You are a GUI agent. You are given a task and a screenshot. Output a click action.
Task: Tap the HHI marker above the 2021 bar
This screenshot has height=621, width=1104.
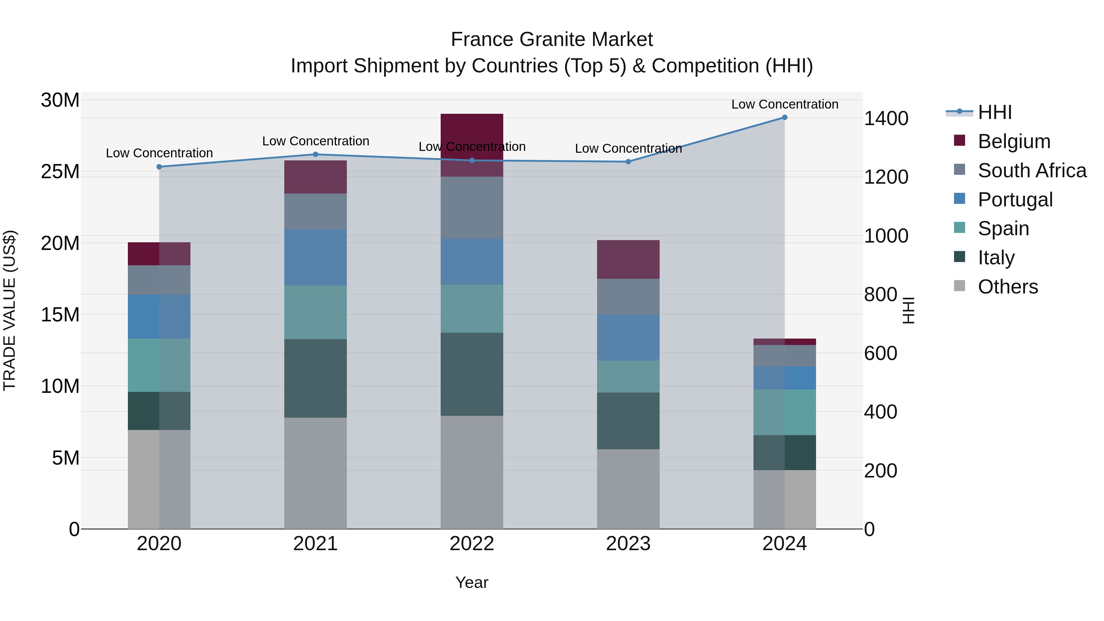point(316,154)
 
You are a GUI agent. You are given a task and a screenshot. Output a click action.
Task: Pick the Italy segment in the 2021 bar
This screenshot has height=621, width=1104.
point(316,378)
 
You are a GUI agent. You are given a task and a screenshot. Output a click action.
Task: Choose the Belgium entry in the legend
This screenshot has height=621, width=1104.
point(1014,141)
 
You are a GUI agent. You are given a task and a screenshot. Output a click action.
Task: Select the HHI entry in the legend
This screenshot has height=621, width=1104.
point(994,112)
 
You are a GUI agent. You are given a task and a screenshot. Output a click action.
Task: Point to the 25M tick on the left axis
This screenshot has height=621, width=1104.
point(60,171)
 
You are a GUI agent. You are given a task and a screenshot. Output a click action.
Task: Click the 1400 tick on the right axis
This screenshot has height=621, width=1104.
point(885,118)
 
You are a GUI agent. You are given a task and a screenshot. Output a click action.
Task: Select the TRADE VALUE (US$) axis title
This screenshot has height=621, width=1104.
point(10,310)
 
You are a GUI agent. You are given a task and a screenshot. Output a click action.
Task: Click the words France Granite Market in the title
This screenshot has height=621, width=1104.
point(552,40)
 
